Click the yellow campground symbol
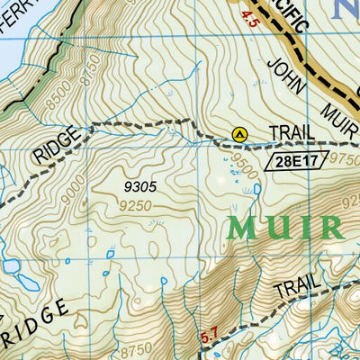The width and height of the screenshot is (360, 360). (x=239, y=133)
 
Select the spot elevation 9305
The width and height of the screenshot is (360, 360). (x=140, y=186)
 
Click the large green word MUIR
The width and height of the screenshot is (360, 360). (x=285, y=228)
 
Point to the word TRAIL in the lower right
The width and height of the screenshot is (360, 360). (x=298, y=288)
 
